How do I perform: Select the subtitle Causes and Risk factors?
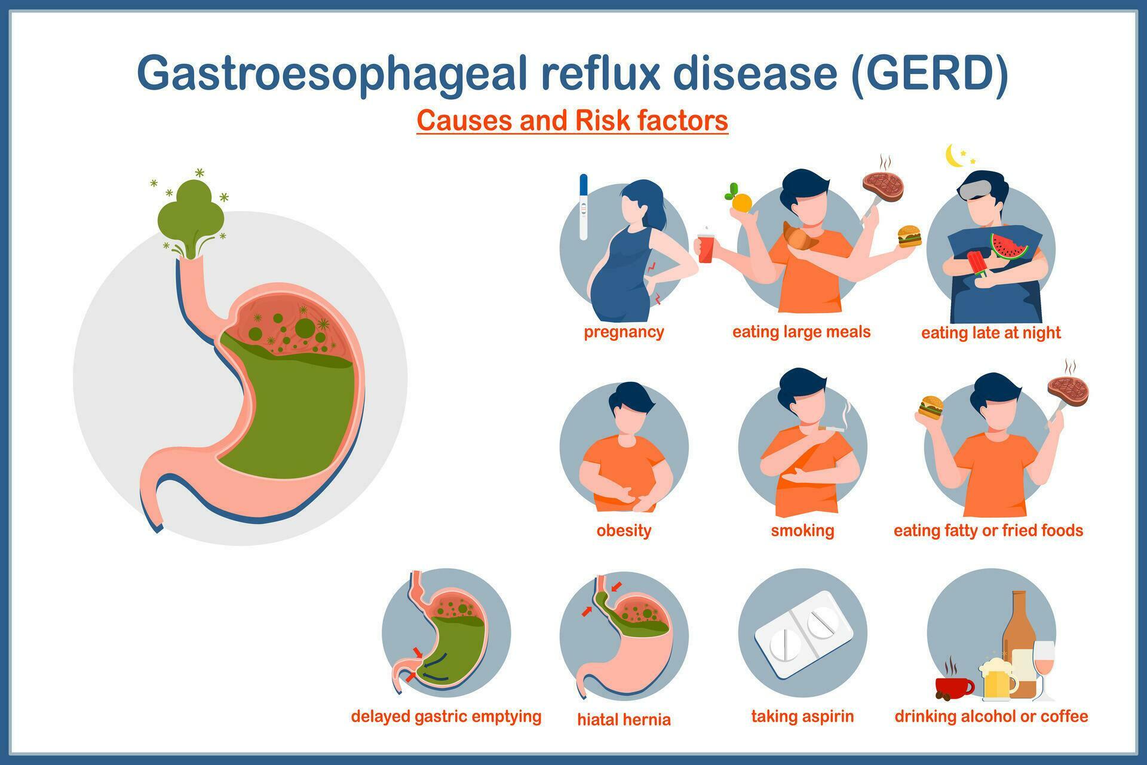click(x=572, y=120)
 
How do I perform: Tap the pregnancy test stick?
click(x=584, y=207)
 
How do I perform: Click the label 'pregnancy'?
click(x=624, y=332)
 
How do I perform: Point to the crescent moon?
click(x=954, y=156)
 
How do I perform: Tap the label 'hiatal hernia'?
click(x=624, y=719)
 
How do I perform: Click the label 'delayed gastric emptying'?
click(x=446, y=716)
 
